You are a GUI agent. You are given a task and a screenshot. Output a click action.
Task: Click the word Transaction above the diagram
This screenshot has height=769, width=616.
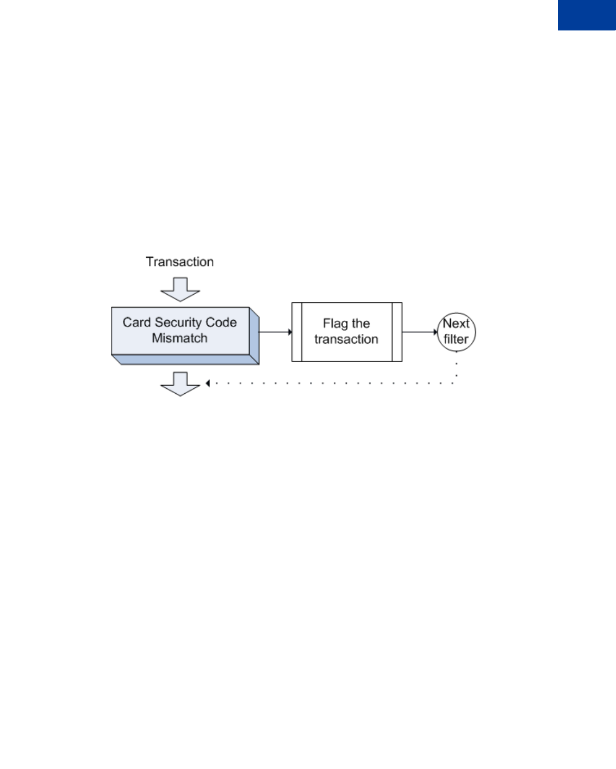point(179,262)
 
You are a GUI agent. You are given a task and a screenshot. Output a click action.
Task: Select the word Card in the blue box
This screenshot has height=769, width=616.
point(136,323)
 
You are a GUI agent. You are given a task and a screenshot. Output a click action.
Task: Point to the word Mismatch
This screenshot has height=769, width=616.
point(179,338)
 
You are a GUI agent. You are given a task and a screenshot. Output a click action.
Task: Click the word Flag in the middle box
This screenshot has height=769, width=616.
point(335,324)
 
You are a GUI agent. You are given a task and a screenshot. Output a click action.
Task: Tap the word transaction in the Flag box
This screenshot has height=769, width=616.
point(346,339)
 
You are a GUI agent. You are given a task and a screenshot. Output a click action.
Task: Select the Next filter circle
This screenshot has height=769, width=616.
point(457,331)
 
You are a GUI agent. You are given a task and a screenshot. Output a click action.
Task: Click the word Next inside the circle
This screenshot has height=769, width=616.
point(456,324)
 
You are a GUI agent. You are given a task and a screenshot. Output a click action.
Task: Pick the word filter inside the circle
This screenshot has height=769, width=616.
point(456,339)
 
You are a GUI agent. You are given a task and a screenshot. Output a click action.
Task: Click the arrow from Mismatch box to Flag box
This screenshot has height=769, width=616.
point(275,332)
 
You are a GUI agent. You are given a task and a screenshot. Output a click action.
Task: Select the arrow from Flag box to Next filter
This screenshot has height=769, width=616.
point(420,332)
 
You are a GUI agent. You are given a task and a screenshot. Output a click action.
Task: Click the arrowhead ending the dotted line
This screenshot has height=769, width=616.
point(208,383)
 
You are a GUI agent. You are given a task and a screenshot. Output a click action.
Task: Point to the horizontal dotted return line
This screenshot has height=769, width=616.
point(332,383)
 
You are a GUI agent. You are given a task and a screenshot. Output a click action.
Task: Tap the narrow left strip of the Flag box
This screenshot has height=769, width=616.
point(297,332)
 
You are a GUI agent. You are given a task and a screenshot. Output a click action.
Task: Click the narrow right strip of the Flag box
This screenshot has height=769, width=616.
point(397,332)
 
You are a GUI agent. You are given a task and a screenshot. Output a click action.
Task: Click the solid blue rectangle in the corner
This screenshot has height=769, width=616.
point(587,15)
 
